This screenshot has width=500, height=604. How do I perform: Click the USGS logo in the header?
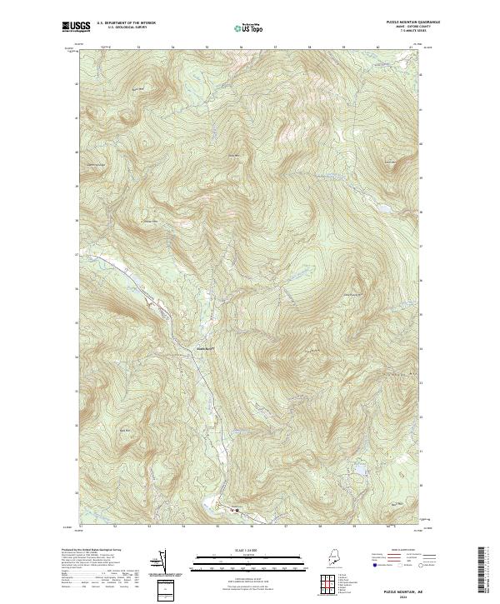pos(77,27)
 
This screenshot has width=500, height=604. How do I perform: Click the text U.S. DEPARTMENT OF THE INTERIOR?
pos(126,22)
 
